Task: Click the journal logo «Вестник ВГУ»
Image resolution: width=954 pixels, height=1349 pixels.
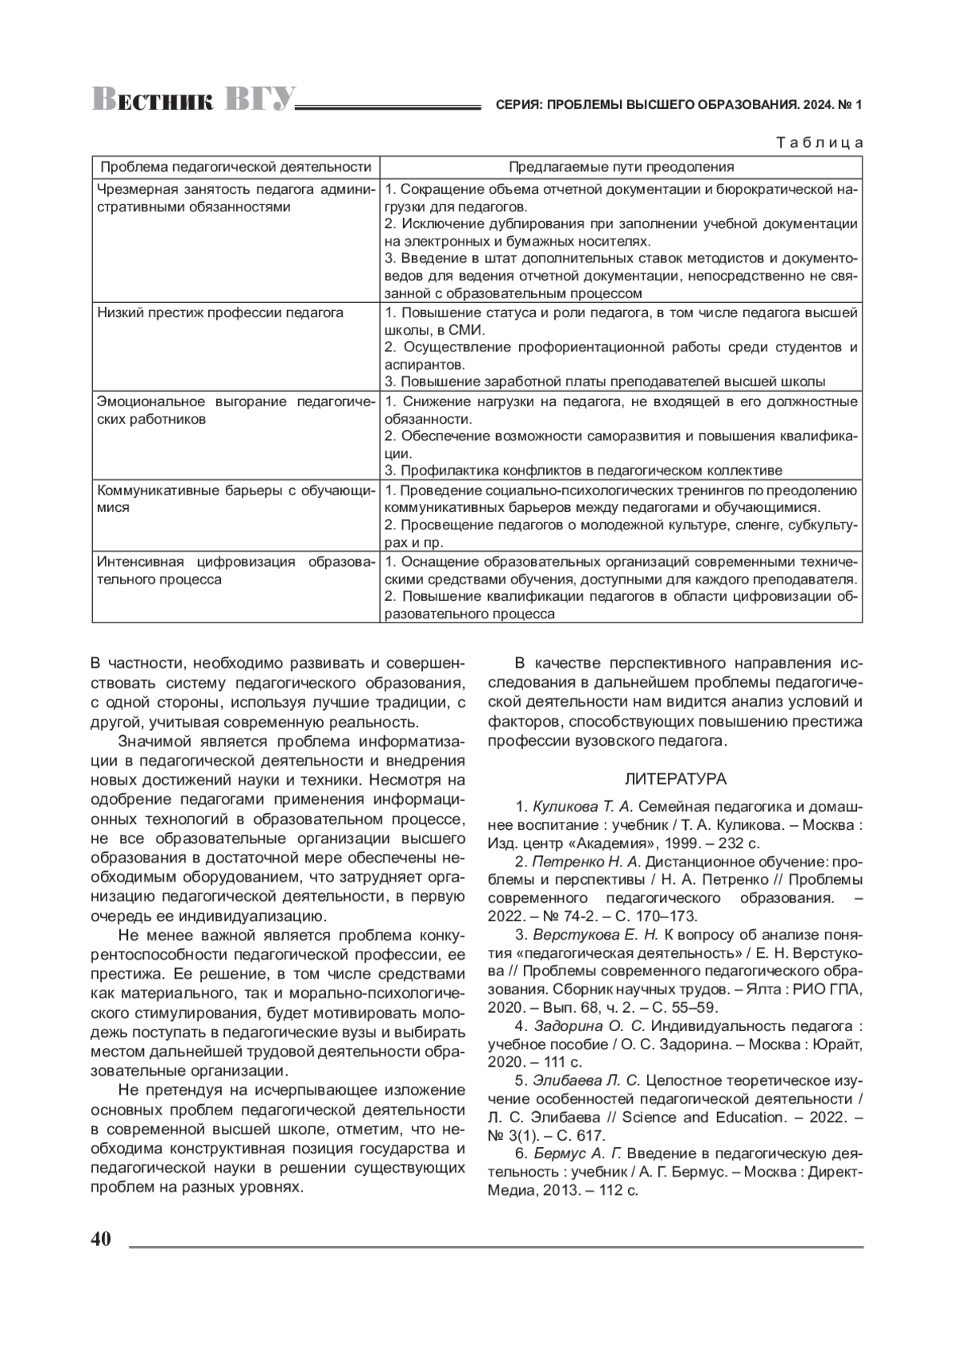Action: coord(193,101)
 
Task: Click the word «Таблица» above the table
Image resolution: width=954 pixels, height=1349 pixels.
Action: coord(819,143)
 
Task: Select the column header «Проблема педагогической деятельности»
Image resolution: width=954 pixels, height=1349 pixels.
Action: coord(236,167)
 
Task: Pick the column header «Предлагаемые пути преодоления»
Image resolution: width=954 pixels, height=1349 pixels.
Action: coord(621,167)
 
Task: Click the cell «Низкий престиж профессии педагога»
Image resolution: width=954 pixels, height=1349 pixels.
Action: coord(220,312)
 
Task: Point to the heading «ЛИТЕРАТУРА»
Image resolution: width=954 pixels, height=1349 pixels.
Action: coord(676,778)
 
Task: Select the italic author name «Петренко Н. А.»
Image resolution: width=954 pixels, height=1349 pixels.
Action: coord(586,862)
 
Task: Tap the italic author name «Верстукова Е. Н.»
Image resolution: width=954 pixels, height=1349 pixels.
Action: coord(595,934)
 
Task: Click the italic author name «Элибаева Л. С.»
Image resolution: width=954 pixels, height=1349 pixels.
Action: coord(587,1080)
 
